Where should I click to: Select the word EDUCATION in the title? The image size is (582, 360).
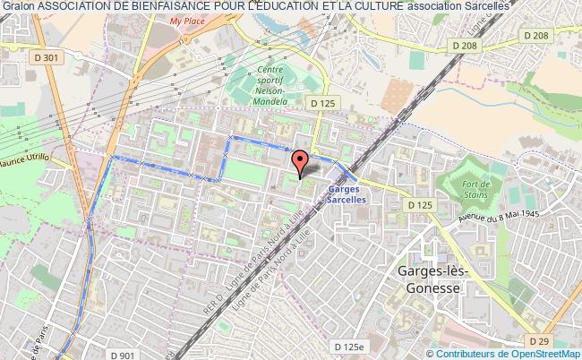[313, 6]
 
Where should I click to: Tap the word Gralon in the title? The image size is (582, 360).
[18, 6]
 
